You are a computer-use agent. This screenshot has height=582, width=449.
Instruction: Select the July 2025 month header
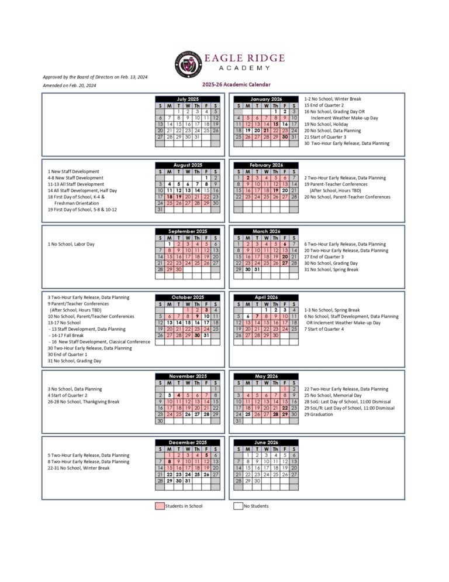pyautogui.click(x=188, y=99)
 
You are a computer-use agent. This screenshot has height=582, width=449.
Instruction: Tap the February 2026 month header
pyautogui.click(x=266, y=165)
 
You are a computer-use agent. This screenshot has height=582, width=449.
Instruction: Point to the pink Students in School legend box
pyautogui.click(x=160, y=506)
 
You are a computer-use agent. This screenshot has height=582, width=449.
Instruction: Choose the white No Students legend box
pyautogui.click(x=238, y=506)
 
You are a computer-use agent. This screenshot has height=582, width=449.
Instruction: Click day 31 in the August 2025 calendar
pyautogui.click(x=160, y=210)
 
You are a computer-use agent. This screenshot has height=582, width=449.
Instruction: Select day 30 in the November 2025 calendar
pyautogui.click(x=160, y=420)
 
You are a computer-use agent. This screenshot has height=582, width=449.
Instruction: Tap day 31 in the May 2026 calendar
pyautogui.click(x=238, y=420)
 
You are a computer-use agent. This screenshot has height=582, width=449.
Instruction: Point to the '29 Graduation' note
pyautogui.click(x=322, y=415)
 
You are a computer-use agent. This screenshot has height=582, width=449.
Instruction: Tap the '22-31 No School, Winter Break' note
pyautogui.click(x=79, y=468)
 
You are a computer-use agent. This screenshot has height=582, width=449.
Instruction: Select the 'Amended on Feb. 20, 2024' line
pyautogui.click(x=70, y=85)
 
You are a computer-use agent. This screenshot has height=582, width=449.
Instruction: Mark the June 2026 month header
pyautogui.click(x=266, y=443)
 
